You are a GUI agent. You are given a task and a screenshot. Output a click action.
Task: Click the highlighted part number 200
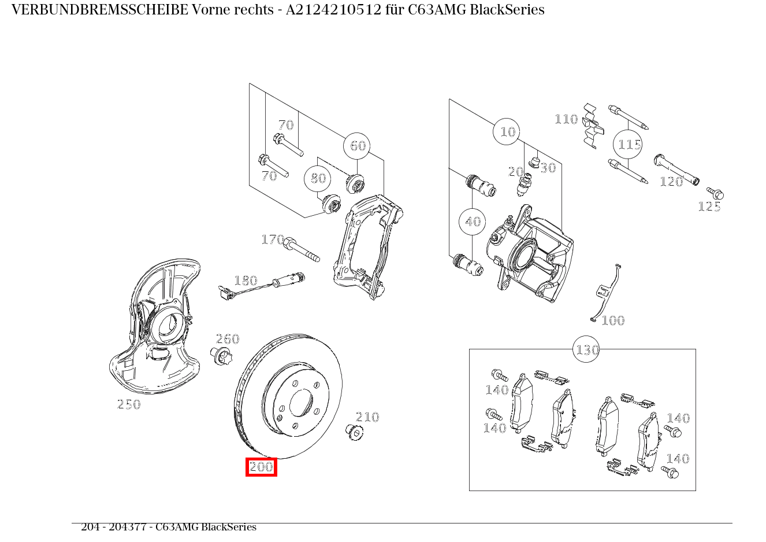tap(261, 467)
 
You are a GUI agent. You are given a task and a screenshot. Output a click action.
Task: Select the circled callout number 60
tap(358, 146)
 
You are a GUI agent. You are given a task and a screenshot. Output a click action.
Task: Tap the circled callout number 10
tap(507, 132)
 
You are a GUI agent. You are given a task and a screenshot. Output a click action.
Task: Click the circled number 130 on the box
tap(586, 349)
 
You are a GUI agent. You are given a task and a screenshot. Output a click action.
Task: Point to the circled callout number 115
tap(629, 144)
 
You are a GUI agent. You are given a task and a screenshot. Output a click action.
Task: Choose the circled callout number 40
tap(473, 222)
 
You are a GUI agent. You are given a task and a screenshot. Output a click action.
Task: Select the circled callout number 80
tap(318, 178)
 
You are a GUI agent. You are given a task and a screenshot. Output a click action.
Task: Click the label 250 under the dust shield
tap(129, 405)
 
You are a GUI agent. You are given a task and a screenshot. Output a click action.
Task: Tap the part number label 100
tap(613, 320)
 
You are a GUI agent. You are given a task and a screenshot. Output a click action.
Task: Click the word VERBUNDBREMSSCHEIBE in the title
tap(99, 10)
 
